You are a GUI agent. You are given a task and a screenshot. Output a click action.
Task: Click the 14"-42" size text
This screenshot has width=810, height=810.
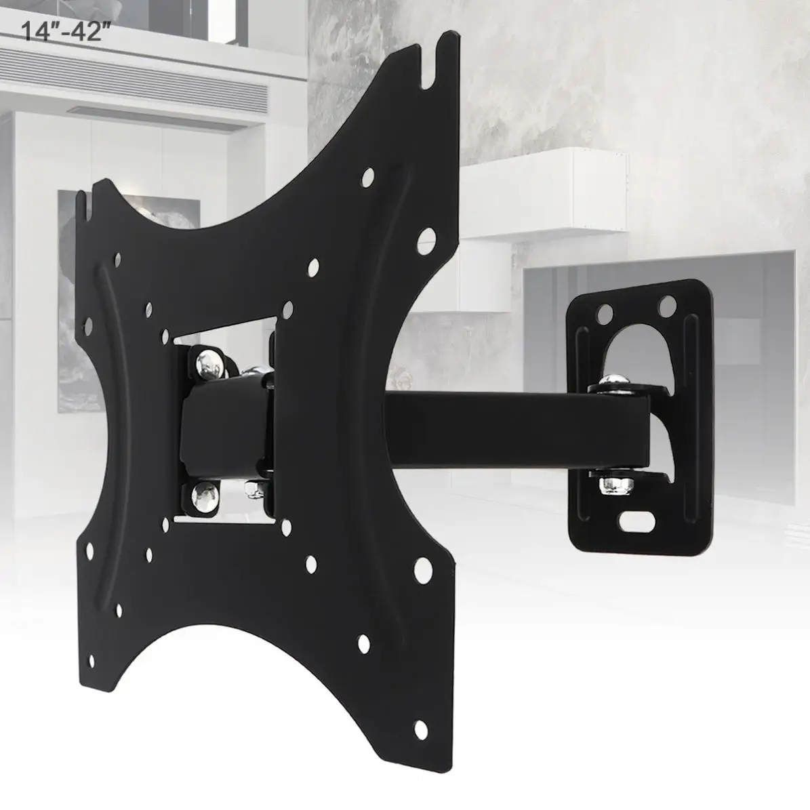[x=66, y=32]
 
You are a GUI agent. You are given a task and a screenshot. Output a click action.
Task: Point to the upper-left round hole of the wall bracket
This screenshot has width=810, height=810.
[x=604, y=312]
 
